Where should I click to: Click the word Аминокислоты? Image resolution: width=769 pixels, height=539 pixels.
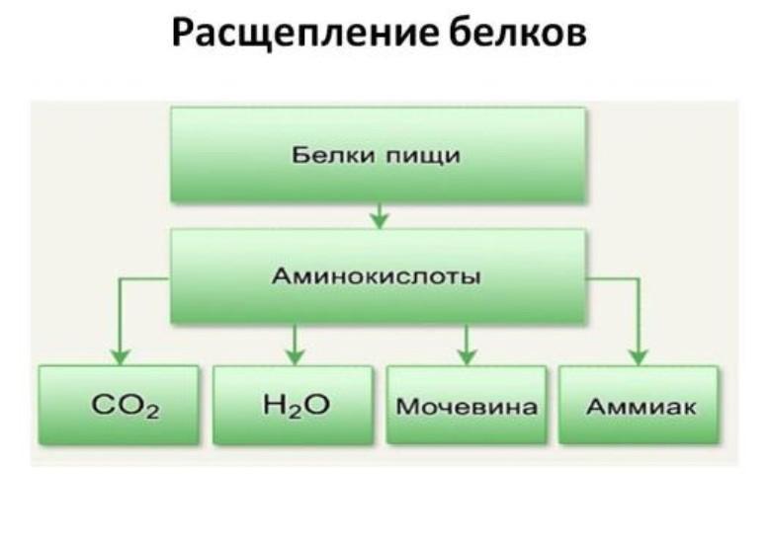pos(377,276)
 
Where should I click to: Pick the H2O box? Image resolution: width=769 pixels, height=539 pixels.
pos(294,405)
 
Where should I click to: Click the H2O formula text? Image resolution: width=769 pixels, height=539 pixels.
pos(294,405)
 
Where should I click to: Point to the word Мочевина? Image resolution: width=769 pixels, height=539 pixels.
pos(467,406)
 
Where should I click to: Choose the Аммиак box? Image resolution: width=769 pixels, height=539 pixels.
pos(640,405)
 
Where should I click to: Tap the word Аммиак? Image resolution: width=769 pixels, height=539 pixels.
pos(640,406)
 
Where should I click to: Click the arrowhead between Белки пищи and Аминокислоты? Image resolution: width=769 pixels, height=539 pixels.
pos(379,219)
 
